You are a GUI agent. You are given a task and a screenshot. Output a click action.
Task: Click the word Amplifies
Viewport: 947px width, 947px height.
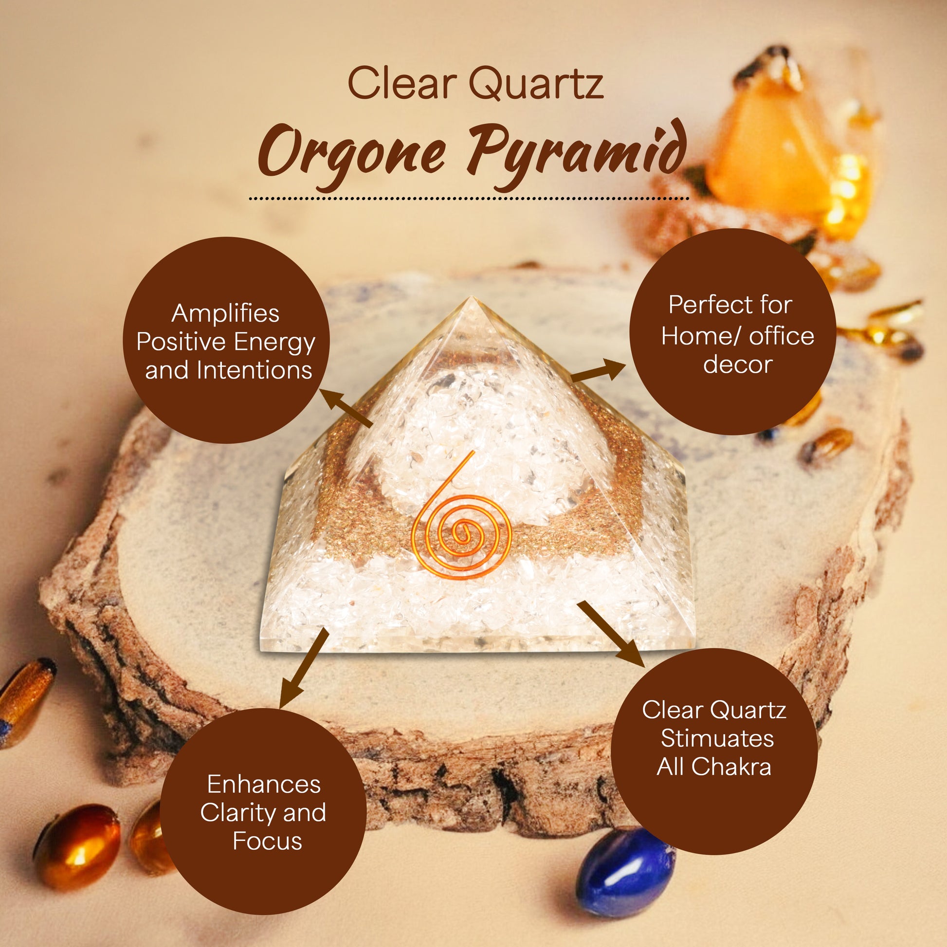(x=225, y=314)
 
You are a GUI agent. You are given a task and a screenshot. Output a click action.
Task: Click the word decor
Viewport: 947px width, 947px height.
(x=738, y=364)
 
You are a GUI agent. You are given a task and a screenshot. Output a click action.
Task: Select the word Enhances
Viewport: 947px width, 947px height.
(x=264, y=784)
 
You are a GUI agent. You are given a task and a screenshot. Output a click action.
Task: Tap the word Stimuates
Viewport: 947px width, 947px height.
(x=717, y=738)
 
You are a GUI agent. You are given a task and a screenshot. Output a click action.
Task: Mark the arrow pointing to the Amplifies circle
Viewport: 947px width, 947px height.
(x=346, y=408)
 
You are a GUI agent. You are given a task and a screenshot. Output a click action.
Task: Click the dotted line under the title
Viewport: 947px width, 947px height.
(x=469, y=199)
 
